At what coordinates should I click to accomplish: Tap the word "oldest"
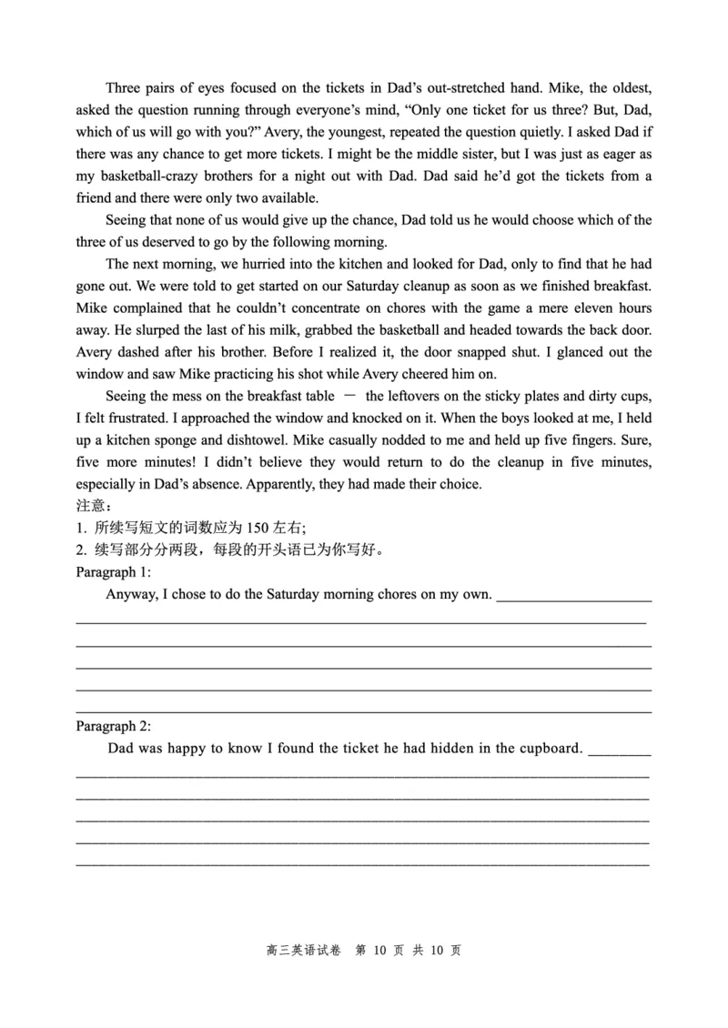[x=628, y=88]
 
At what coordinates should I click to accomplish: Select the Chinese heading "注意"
[x=92, y=506]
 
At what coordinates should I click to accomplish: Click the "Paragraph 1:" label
[x=113, y=571]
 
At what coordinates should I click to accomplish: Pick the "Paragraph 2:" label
[x=113, y=726]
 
